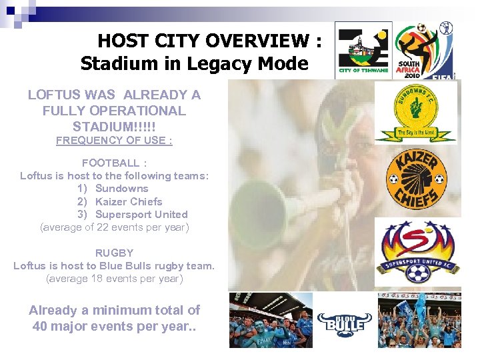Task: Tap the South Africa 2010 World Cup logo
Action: pyautogui.click(x=423, y=50)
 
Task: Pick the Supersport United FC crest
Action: pyautogui.click(x=417, y=252)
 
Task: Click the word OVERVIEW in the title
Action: pyautogui.click(x=257, y=41)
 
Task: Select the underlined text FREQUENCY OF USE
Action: pyautogui.click(x=114, y=140)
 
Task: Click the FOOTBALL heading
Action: pyautogui.click(x=110, y=163)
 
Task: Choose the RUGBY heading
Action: pyautogui.click(x=114, y=253)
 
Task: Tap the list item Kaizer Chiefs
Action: pyautogui.click(x=129, y=201)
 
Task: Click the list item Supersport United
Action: pyautogui.click(x=141, y=214)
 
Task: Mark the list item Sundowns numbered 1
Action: pyautogui.click(x=121, y=189)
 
